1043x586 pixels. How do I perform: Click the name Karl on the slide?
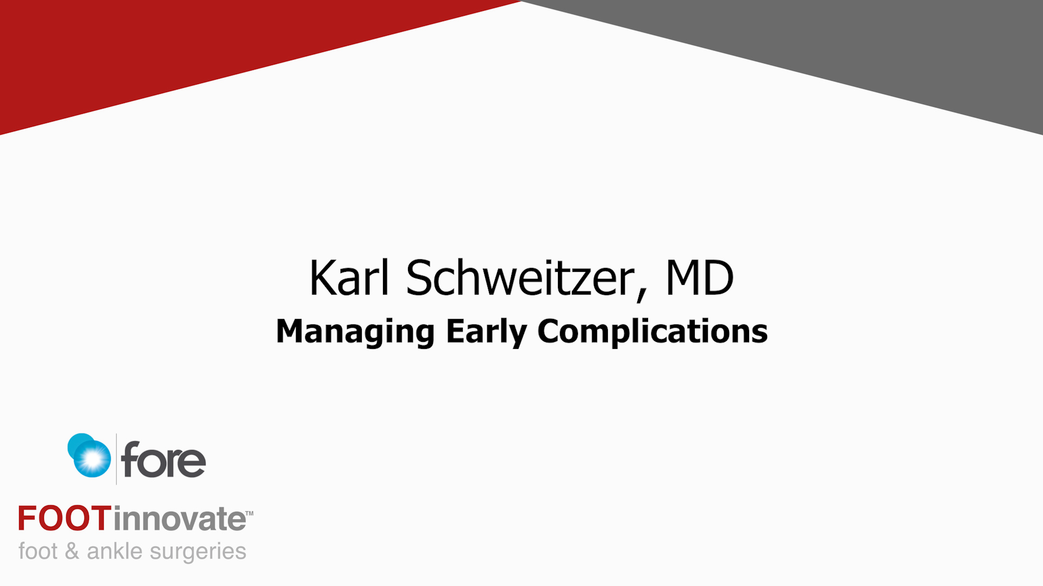tap(349, 278)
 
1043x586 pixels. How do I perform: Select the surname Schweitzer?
tap(520, 278)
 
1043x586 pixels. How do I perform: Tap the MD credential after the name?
tap(700, 278)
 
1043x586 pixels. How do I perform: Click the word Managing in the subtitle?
tap(355, 332)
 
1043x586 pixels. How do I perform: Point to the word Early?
tap(486, 332)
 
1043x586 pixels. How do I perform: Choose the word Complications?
tap(652, 332)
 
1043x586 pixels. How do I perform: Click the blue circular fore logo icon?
tap(89, 455)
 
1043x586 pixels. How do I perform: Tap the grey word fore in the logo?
tap(164, 460)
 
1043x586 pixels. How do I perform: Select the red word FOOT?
tap(65, 518)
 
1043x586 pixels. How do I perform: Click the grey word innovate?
tap(179, 518)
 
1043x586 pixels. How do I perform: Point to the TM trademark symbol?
tap(249, 513)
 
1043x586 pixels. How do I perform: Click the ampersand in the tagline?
tap(72, 551)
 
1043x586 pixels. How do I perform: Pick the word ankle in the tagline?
tap(115, 551)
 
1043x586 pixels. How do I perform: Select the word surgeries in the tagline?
tap(198, 552)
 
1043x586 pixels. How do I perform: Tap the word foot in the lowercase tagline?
tap(38, 551)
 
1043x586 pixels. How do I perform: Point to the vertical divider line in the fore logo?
tap(116, 458)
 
